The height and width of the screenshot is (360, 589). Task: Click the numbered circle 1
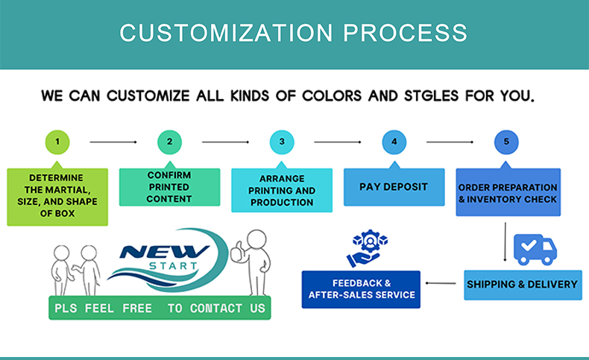pyautogui.click(x=57, y=142)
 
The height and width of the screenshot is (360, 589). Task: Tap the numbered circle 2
pyautogui.click(x=169, y=142)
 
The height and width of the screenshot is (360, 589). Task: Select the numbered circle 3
pyautogui.click(x=282, y=142)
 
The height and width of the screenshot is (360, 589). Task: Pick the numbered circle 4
pyautogui.click(x=394, y=142)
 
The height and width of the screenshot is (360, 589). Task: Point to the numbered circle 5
pyautogui.click(x=506, y=142)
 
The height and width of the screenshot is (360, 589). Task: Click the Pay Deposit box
pyautogui.click(x=394, y=187)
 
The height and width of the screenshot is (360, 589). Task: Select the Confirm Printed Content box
pyautogui.click(x=169, y=187)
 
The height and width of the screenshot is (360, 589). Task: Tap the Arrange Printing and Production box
pyautogui.click(x=282, y=191)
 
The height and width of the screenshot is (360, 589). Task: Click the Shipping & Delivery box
pyautogui.click(x=522, y=284)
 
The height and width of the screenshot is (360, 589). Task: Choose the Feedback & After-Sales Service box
pyautogui.click(x=361, y=289)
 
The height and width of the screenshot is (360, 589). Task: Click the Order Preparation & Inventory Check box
pyautogui.click(x=508, y=193)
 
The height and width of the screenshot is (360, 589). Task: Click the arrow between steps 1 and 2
pyautogui.click(x=113, y=142)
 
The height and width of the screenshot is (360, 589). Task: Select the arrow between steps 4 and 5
pyautogui.click(x=450, y=142)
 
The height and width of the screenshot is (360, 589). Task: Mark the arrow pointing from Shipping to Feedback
pyautogui.click(x=441, y=283)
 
